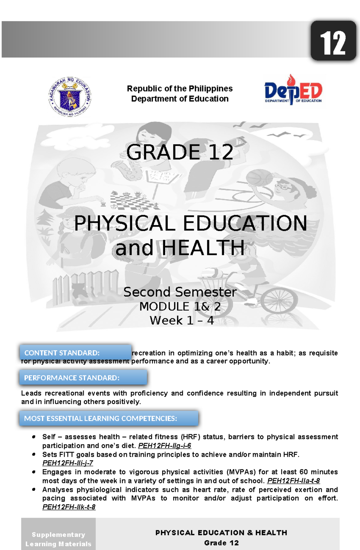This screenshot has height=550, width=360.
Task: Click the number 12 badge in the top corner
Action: click(x=333, y=41)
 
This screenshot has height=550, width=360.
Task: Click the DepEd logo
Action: click(x=293, y=90)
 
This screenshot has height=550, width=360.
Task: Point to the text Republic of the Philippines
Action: click(x=180, y=89)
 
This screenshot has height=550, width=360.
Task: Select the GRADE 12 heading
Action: click(x=179, y=152)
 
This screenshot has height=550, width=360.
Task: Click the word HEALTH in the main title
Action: click(x=204, y=248)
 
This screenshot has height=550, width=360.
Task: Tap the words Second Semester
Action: click(x=180, y=292)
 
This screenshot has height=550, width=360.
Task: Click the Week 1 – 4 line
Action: click(x=181, y=320)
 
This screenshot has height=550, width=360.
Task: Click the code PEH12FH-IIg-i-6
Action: click(x=164, y=446)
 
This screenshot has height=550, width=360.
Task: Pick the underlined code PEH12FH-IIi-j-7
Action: click(x=68, y=463)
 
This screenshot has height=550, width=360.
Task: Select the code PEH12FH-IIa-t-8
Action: click(x=293, y=481)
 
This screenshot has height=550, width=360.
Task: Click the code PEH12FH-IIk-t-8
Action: click(x=69, y=507)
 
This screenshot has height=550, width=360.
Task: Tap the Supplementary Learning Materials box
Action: click(x=58, y=539)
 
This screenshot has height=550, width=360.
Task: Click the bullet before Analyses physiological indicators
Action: click(x=34, y=490)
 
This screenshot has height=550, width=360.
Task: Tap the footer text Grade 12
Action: click(x=221, y=543)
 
